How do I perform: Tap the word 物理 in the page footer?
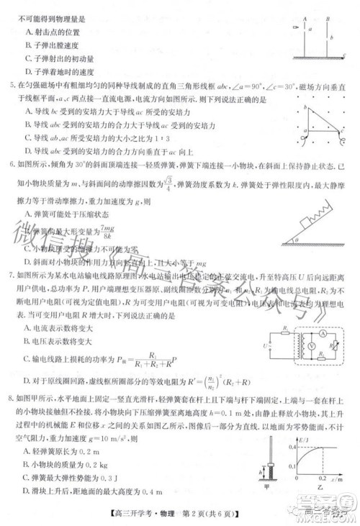187,512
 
